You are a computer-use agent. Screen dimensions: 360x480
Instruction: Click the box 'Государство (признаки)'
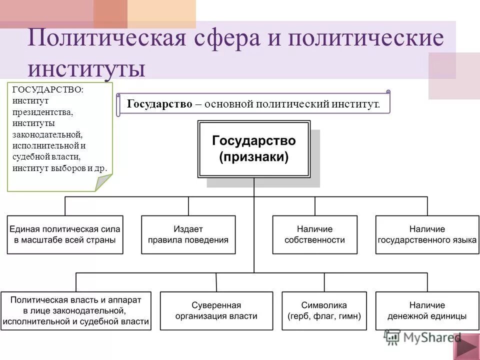click(254, 148)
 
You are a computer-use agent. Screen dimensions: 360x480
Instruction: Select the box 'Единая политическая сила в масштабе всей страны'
click(65, 234)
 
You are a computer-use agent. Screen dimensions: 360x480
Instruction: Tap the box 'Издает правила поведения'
click(188, 234)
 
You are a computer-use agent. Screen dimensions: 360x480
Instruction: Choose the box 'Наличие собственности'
click(314, 234)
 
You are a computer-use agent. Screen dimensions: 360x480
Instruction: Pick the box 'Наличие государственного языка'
click(427, 234)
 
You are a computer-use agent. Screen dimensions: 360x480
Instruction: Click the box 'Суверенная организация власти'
click(216, 310)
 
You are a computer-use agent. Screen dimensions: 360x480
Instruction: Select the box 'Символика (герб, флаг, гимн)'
click(324, 310)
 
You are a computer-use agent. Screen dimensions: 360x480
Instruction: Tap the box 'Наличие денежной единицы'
click(427, 310)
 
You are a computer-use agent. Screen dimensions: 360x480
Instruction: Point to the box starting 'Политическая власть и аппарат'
click(76, 310)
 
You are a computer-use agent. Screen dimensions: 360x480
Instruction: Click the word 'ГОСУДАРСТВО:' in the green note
click(48, 89)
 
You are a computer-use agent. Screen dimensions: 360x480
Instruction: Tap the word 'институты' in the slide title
click(87, 68)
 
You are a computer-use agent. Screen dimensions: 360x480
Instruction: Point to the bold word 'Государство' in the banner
click(159, 104)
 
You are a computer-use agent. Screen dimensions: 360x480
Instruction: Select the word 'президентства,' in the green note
click(43, 111)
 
